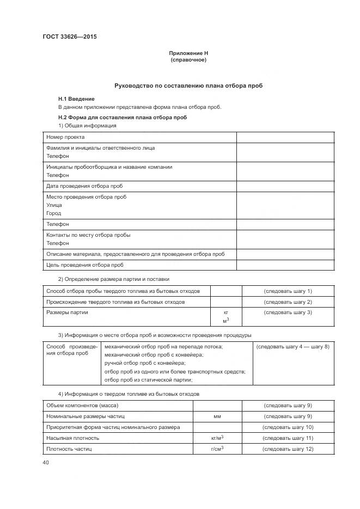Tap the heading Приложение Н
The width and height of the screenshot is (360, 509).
(x=188, y=53)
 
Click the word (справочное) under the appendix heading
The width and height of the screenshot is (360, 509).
(x=188, y=60)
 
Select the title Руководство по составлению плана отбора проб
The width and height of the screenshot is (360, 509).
(x=188, y=85)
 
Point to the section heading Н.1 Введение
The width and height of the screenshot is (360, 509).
(x=76, y=99)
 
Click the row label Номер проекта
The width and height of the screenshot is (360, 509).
(x=65, y=137)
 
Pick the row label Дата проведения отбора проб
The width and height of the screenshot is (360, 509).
(x=81, y=186)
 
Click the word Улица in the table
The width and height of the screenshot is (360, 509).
(x=54, y=205)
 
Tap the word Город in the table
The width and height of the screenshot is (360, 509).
(x=54, y=213)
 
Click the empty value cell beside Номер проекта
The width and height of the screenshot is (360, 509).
(x=285, y=137)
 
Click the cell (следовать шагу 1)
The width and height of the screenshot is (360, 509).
(x=288, y=291)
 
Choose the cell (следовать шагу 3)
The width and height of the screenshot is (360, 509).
(x=288, y=312)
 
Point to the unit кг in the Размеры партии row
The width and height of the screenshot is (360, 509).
(x=226, y=312)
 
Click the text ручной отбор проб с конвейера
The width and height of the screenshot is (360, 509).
(x=144, y=363)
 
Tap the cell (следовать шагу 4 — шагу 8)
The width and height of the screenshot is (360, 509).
(x=293, y=347)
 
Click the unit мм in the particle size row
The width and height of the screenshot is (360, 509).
(x=217, y=416)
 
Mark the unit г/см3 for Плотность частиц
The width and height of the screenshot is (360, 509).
(x=217, y=449)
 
